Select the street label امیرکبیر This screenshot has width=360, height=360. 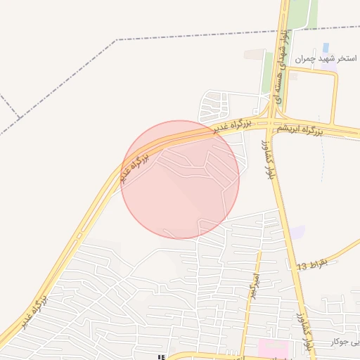250,282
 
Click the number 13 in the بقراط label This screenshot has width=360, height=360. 302,266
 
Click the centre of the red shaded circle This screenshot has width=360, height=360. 180,179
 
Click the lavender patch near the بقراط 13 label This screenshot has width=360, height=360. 298,232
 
